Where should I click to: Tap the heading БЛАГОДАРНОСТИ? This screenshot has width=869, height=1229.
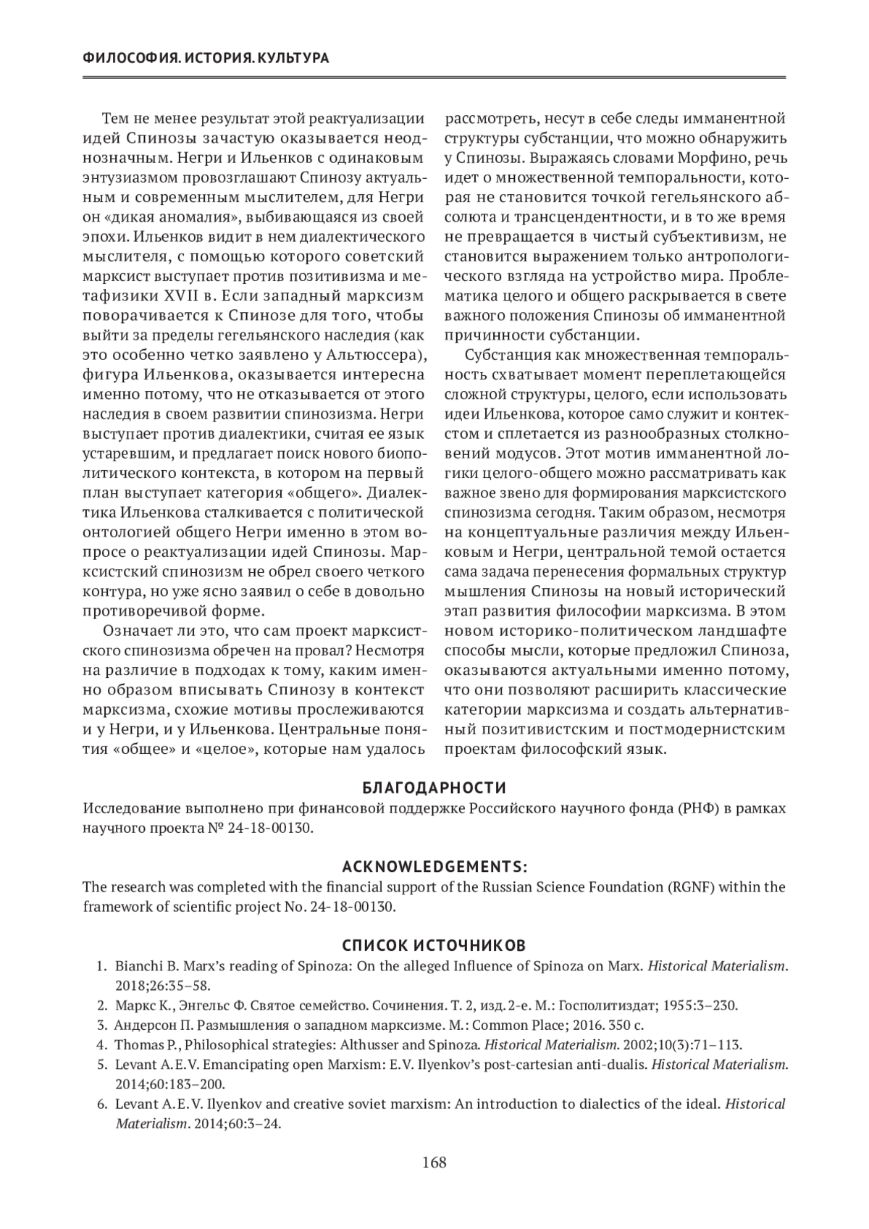click(434, 787)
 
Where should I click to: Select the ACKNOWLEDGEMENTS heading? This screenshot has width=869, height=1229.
click(434, 867)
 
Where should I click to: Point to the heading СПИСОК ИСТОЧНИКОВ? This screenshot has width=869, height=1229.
click(434, 946)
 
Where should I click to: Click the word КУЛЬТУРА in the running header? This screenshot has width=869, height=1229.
click(293, 58)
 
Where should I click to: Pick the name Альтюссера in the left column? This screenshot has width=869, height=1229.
click(374, 356)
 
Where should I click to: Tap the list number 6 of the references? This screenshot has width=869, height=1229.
click(101, 1104)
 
